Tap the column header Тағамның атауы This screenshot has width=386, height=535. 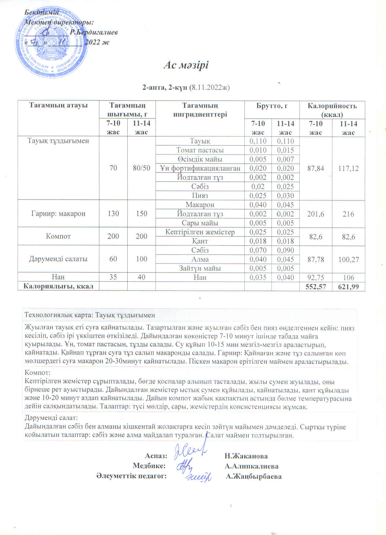[58, 106]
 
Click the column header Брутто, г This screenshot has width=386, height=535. [271, 106]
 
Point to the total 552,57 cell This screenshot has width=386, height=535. [315, 286]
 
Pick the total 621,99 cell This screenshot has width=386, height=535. [348, 286]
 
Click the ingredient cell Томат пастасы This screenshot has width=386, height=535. [200, 150]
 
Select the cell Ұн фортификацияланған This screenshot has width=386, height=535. [200, 168]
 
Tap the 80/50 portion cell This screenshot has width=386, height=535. [141, 168]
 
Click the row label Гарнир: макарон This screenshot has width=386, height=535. [58, 213]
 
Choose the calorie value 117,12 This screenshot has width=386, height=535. [348, 168]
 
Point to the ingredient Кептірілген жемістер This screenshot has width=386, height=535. [200, 232]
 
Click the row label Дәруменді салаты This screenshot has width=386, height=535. [58, 259]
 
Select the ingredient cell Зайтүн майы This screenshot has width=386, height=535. [200, 268]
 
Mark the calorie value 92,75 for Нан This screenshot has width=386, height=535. [315, 277]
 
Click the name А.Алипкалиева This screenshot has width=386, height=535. [251, 466]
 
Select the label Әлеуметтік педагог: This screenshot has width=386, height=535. [131, 476]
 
